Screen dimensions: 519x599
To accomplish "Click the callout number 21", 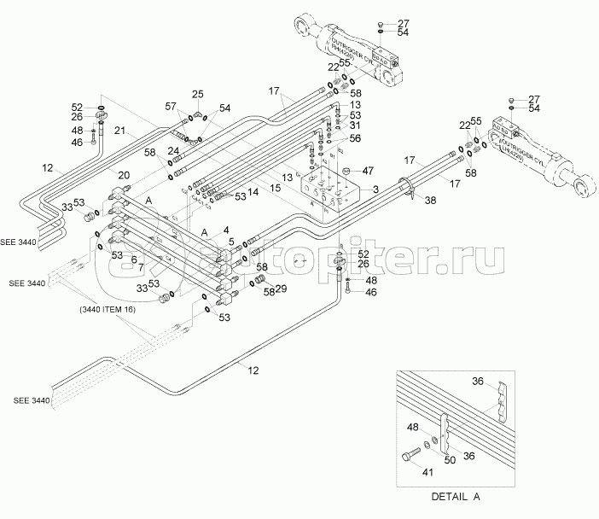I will coord(120,131).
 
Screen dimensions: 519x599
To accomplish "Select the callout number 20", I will coord(124,175).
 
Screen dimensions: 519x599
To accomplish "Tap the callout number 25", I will coord(197,94).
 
